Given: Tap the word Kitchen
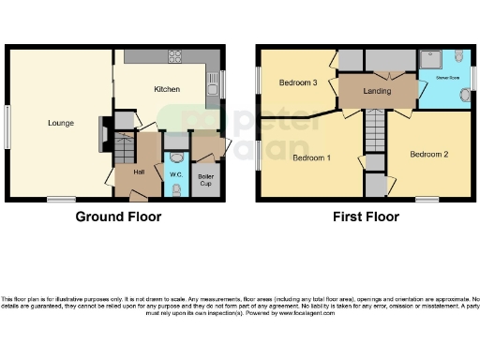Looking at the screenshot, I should coord(166,89).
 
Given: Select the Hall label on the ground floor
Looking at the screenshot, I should coord(138,172).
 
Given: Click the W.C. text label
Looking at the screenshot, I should coord(175,174).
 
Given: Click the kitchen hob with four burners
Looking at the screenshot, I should coord(175,55).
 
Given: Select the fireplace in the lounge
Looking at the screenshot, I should coord(102,134).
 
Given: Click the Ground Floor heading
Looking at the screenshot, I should coord(118,217).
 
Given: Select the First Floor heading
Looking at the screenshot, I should coord(366,217).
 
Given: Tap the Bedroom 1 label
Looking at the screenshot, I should coord(311,158).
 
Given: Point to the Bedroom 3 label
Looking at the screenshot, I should coord(298,82).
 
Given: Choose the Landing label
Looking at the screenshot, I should coord(378,91).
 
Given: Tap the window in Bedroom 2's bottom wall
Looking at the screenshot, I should coord(427,199).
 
